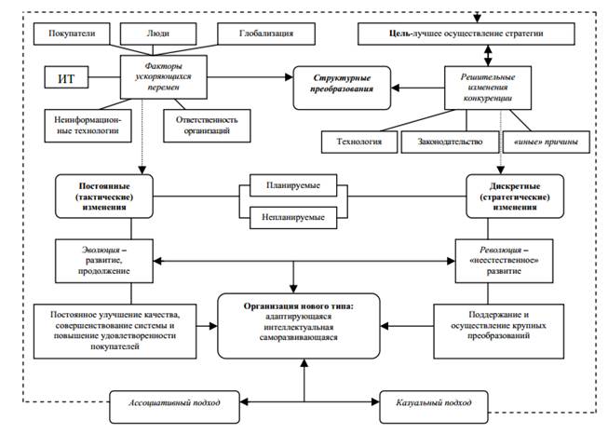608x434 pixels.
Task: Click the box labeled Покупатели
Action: click(72, 34)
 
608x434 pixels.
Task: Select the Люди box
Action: click(158, 34)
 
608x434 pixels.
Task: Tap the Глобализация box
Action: click(266, 34)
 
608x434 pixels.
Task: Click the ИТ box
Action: click(66, 77)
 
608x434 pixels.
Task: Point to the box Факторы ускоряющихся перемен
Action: click(164, 76)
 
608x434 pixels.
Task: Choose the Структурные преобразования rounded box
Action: click(342, 88)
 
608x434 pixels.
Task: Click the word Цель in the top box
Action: click(399, 34)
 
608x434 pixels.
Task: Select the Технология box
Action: click(359, 142)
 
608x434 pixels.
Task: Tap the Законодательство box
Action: click(450, 142)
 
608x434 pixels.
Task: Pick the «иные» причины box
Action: click(547, 142)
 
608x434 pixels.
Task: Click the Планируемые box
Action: click(293, 185)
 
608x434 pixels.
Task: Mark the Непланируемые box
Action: click(293, 217)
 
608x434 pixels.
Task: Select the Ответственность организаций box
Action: click(207, 126)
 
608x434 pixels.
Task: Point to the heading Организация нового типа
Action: click(299, 306)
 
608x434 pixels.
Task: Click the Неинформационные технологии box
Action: click(88, 126)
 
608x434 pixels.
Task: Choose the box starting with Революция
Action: click(504, 261)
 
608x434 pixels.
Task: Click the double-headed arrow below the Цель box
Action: click(488, 56)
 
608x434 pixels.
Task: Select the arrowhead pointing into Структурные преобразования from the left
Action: click(290, 77)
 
